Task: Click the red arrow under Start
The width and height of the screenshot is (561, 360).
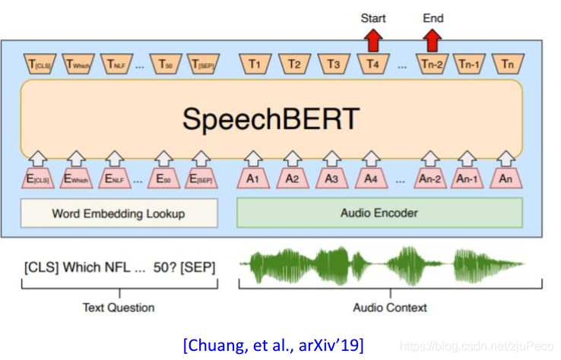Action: pos(373,39)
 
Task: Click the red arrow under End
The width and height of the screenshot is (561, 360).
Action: pos(433,39)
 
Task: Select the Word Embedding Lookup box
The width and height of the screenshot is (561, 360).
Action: pos(119,213)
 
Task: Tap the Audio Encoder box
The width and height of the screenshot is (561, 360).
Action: pos(379,213)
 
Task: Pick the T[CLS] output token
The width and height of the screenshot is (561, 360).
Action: pos(39,65)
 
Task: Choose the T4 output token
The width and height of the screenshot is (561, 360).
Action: pos(372,65)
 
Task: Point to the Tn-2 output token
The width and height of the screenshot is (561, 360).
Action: pos(430,65)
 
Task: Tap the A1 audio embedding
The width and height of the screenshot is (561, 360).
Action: pos(254,180)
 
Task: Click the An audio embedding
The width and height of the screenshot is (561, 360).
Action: pos(506,180)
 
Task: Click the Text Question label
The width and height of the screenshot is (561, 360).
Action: pos(119,308)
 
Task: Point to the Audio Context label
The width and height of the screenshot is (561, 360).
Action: pos(390,308)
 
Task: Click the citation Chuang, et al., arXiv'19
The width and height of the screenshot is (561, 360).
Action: pos(274,346)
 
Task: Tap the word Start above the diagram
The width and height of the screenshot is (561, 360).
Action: pos(373,17)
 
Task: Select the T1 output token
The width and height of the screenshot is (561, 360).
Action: pos(255,65)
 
